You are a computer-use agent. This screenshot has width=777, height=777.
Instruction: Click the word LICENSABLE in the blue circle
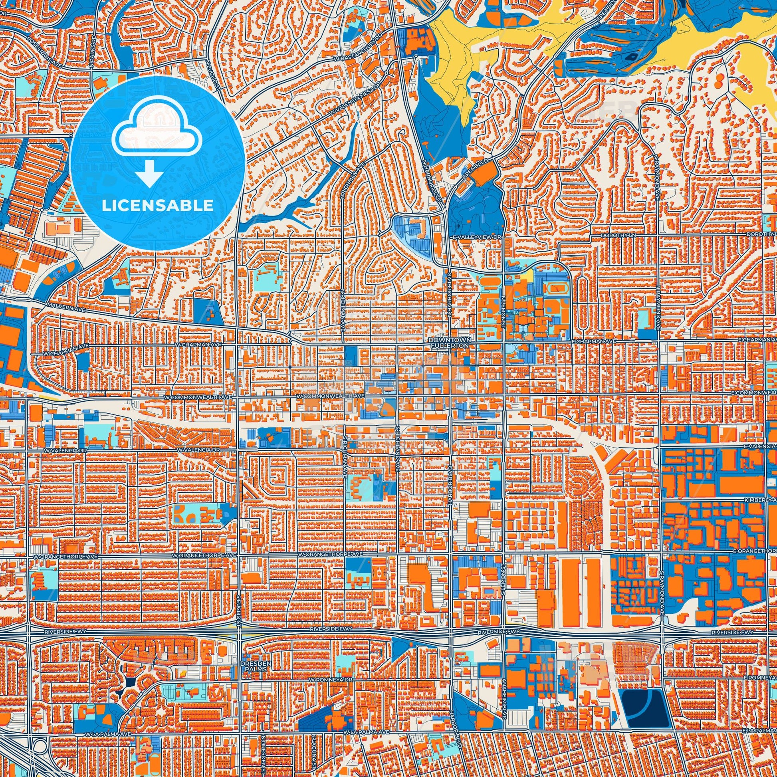click(157, 205)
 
